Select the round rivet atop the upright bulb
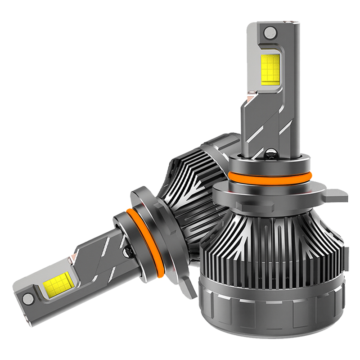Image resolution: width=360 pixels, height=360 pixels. point(270,32)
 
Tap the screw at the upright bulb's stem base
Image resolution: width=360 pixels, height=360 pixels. point(272,155)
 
